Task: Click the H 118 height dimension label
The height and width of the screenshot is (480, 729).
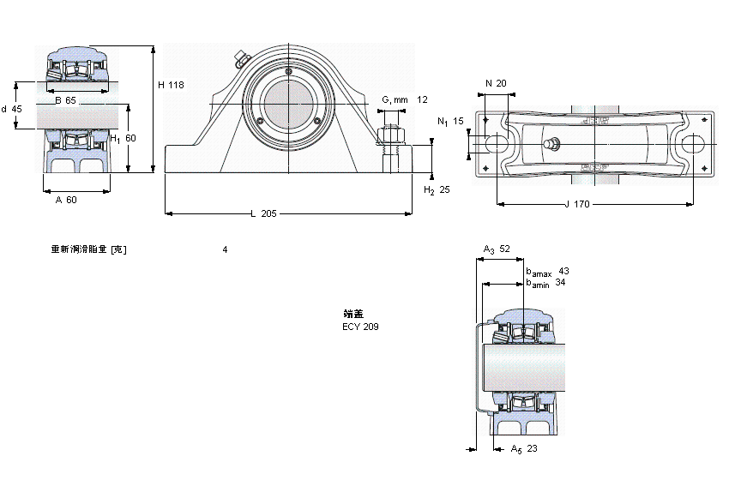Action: (x=171, y=85)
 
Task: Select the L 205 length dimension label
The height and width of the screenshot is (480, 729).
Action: (x=263, y=213)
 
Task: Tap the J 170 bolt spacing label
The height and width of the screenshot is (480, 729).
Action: (x=578, y=204)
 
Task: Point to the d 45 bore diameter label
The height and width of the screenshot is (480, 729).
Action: (x=12, y=109)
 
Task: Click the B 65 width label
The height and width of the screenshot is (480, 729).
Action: (x=65, y=101)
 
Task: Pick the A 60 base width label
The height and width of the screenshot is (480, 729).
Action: (x=66, y=200)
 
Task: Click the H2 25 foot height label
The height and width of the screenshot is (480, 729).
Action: (x=437, y=189)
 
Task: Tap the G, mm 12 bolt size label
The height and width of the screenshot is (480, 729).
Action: (x=403, y=100)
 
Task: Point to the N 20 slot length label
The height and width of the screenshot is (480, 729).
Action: (x=496, y=83)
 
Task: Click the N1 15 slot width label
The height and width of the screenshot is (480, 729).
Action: (x=450, y=122)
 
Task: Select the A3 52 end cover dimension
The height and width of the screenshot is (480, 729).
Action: (x=497, y=249)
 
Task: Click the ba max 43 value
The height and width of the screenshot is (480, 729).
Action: (x=563, y=271)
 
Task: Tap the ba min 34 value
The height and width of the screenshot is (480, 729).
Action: (x=560, y=282)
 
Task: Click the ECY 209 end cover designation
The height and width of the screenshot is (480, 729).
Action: (x=360, y=327)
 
